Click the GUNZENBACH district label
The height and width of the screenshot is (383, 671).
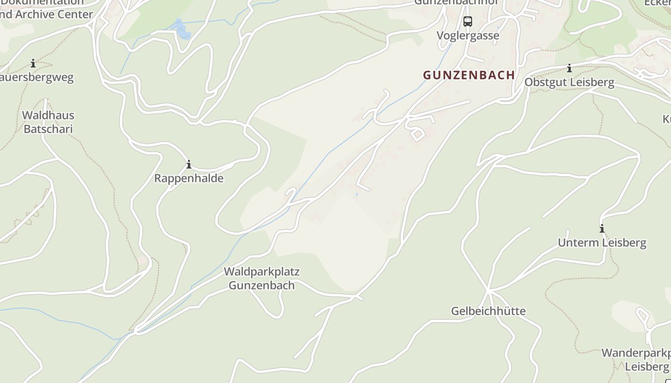[469, 75]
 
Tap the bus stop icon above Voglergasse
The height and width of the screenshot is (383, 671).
[467, 22]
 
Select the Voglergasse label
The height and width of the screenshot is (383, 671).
[468, 35]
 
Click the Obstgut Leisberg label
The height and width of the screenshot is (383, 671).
[569, 82]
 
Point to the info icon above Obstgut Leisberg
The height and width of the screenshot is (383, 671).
[569, 68]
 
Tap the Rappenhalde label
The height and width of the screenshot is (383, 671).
[189, 179]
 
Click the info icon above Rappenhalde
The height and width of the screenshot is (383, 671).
[189, 165]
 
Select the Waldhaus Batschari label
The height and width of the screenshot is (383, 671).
[48, 122]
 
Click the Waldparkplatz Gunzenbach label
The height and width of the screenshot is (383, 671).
[262, 278]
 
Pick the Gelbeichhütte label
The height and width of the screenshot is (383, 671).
[488, 311]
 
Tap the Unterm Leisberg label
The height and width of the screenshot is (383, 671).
[602, 243]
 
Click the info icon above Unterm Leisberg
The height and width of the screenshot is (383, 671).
[602, 228]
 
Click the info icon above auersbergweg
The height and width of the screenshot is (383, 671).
[33, 63]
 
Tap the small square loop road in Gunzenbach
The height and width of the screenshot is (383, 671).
[416, 134]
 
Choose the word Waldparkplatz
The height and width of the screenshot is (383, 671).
[262, 271]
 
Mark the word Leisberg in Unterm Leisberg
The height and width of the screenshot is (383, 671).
[623, 243]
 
